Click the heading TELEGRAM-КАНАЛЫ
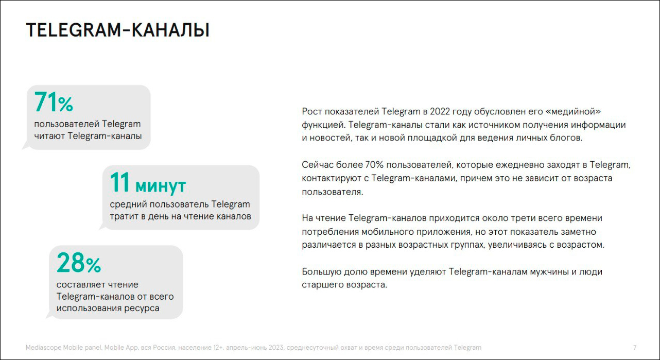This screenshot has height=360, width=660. [x=117, y=30]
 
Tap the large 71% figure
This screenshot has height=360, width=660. [x=54, y=102]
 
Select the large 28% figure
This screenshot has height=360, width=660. [x=78, y=263]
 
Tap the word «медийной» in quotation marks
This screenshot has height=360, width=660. [x=576, y=111]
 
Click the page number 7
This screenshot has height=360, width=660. [x=635, y=348]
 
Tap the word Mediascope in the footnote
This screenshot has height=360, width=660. [x=43, y=348]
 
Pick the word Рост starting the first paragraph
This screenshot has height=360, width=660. [x=311, y=111]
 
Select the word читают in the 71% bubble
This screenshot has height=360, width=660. [x=49, y=136]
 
